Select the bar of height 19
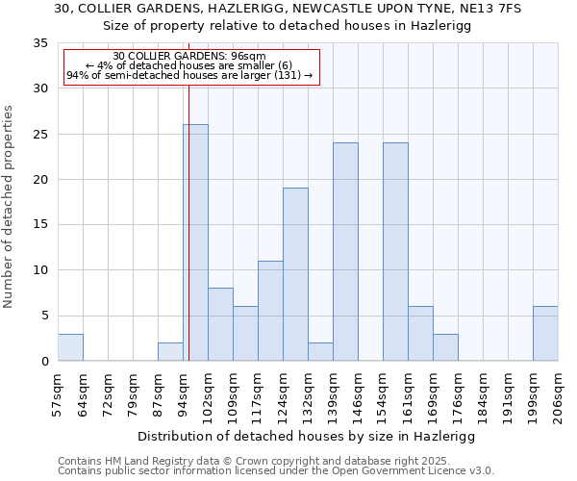coord(295,274)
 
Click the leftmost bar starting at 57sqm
coord(70,347)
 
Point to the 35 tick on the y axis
coord(40,43)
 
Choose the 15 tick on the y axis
coord(40,225)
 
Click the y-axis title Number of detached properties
coord(9,207)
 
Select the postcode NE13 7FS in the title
coord(489,9)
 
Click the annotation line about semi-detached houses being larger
coord(189,75)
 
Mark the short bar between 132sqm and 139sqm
coord(320,351)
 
